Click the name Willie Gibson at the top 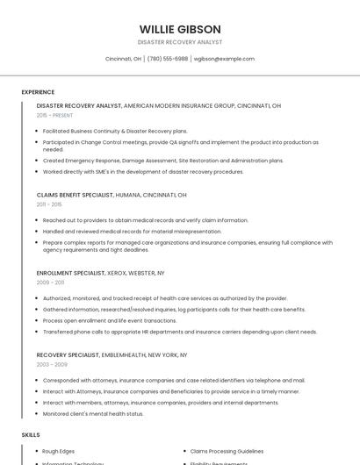tap(180, 29)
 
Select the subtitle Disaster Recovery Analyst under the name tap(180, 42)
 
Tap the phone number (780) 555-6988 tap(168, 59)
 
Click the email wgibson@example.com tap(224, 59)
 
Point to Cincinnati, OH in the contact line tap(123, 59)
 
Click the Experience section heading tap(38, 92)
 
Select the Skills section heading tap(31, 435)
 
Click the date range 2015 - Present tap(54, 115)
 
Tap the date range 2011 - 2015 tap(49, 204)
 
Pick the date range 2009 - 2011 tap(50, 283)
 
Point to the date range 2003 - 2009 tap(52, 364)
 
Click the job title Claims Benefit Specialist tap(75, 195)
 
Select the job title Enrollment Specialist tap(70, 273)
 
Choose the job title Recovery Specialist tap(68, 354)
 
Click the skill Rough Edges tap(60, 451)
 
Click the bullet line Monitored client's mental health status tap(93, 413)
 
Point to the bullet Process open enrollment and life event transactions tap(110, 320)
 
